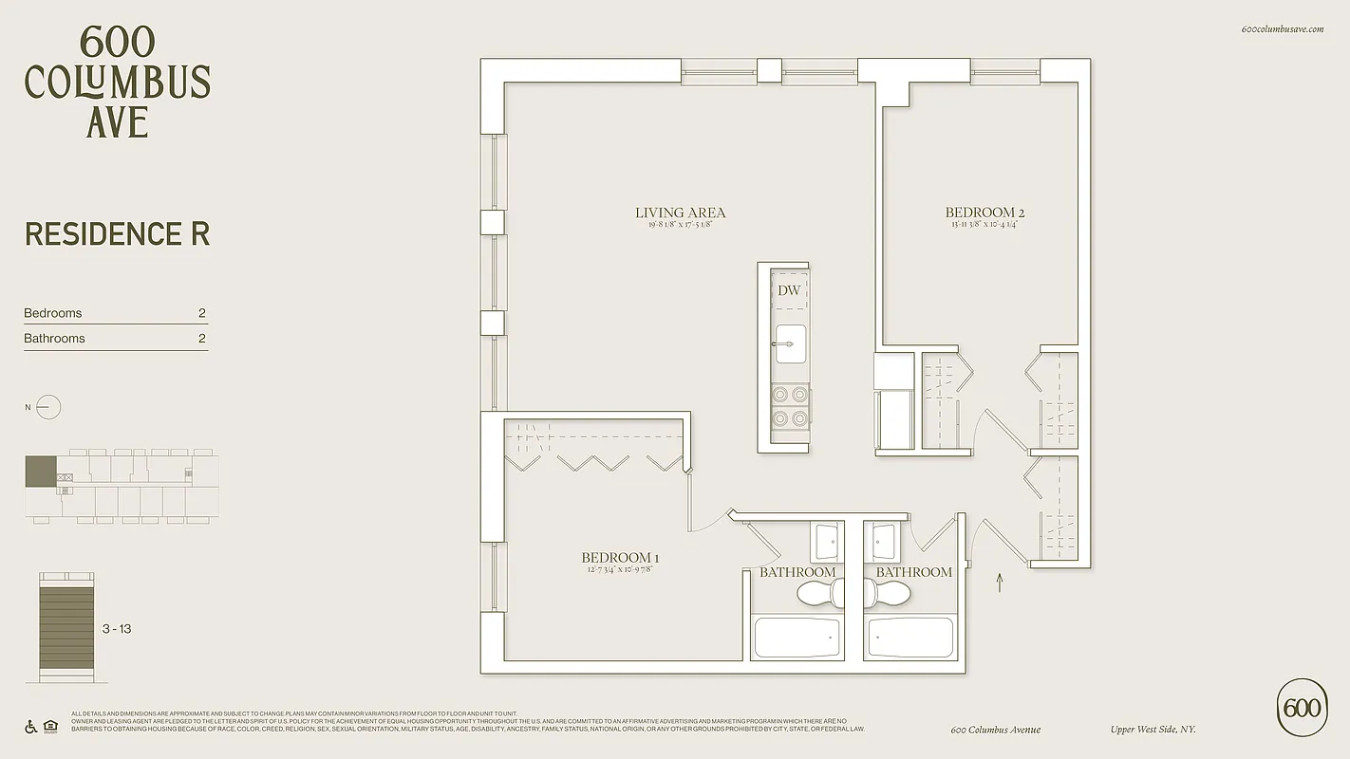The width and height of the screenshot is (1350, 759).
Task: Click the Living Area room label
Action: pyautogui.click(x=680, y=213)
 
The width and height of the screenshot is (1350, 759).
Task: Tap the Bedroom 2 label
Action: pyautogui.click(x=984, y=213)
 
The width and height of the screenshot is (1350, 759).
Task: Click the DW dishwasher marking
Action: pyautogui.click(x=789, y=290)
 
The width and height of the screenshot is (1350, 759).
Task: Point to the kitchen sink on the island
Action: pyautogui.click(x=790, y=343)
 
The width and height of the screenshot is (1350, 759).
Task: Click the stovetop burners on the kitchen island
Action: pyautogui.click(x=790, y=406)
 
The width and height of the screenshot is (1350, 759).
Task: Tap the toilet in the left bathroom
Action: pyautogui.click(x=819, y=594)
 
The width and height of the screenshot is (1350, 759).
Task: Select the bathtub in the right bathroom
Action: pyautogui.click(x=911, y=638)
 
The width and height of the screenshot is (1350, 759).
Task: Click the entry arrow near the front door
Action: pyautogui.click(x=999, y=582)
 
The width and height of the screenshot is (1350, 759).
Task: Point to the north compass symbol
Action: pyautogui.click(x=47, y=408)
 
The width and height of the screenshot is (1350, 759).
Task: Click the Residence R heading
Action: pyautogui.click(x=117, y=234)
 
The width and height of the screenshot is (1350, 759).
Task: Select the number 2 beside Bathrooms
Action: pyautogui.click(x=201, y=339)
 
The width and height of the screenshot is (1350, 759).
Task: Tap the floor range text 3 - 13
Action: pyautogui.click(x=117, y=629)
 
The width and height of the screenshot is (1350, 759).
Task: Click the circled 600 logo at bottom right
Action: pyautogui.click(x=1302, y=708)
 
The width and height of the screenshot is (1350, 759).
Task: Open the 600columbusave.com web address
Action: pyautogui.click(x=1282, y=29)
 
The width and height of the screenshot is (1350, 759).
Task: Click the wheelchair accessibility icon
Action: pyautogui.click(x=30, y=728)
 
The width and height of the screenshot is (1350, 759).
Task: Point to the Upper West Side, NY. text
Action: pyautogui.click(x=1153, y=730)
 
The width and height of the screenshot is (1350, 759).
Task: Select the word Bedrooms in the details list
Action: pyautogui.click(x=53, y=313)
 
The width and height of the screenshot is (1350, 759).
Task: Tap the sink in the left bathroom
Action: pyautogui.click(x=827, y=542)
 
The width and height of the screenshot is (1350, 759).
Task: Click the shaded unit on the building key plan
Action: pyautogui.click(x=41, y=472)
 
